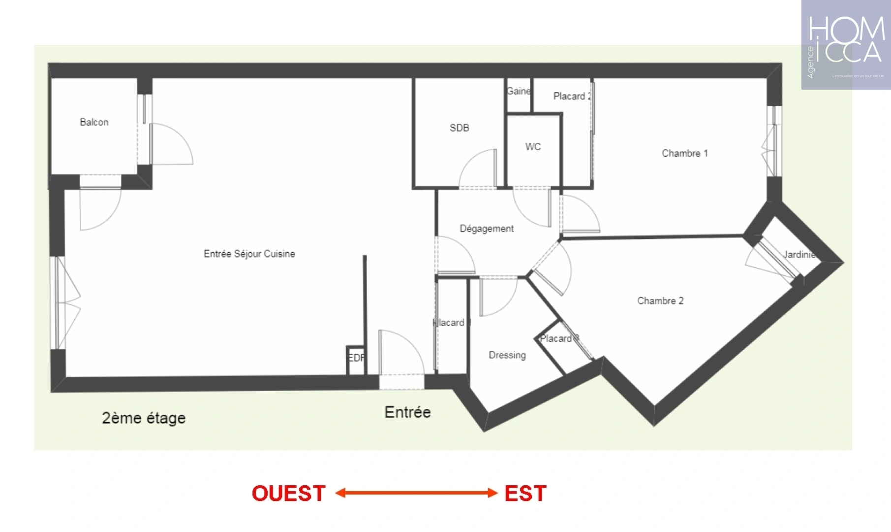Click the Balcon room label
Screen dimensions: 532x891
[94, 122]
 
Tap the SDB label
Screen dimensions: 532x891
[459, 128]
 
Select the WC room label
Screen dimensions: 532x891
[533, 147]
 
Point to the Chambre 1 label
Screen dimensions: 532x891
[684, 153]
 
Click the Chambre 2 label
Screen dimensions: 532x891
[660, 301]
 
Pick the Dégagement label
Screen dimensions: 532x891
[487, 229]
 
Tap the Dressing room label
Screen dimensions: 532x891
[507, 355]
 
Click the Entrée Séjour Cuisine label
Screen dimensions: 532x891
[249, 254]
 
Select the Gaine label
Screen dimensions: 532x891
[519, 91]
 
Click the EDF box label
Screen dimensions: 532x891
[356, 358]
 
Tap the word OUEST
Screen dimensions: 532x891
[289, 494]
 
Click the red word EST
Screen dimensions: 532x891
[525, 494]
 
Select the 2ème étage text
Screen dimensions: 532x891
[144, 418]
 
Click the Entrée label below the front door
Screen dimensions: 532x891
[407, 412]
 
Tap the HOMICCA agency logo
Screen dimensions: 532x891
[846, 45]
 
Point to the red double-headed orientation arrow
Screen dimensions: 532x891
[416, 493]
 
